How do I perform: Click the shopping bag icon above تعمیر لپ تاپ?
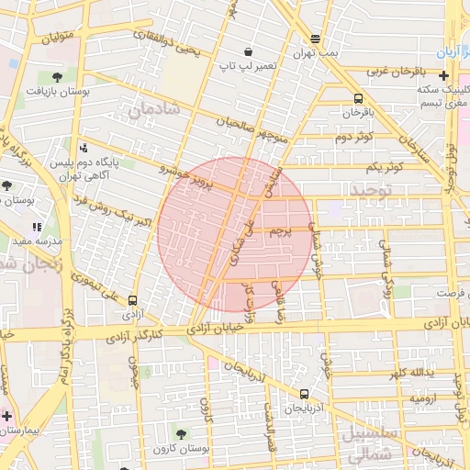(248, 51)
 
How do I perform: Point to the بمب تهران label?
(317, 53)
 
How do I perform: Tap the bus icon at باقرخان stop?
(357, 98)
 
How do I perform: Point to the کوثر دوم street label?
(352, 138)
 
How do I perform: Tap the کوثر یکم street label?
(384, 168)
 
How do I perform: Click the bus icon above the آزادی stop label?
(133, 299)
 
